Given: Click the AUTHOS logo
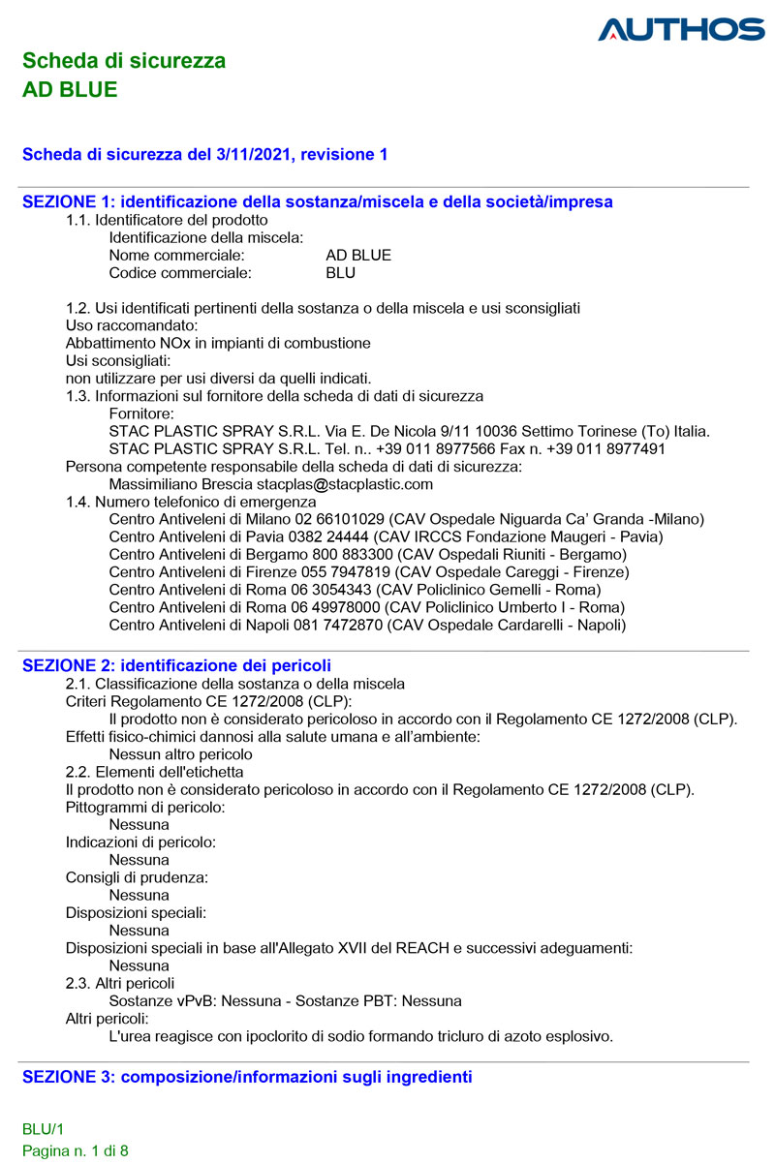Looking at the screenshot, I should click(681, 29).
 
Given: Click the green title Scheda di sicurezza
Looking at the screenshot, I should click(124, 61).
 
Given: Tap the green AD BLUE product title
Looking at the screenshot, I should click(70, 90).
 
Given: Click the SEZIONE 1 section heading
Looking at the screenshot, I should click(317, 202).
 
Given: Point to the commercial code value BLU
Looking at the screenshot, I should click(341, 273).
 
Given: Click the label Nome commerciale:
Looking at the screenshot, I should click(176, 256).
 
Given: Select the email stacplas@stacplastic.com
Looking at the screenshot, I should click(344, 484).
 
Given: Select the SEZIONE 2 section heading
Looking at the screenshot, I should click(176, 665).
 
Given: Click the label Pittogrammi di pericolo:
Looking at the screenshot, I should click(145, 807).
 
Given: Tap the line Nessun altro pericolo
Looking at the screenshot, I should click(180, 754).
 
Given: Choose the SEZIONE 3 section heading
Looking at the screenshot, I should click(247, 1077).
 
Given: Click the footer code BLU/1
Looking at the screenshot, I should click(43, 1129).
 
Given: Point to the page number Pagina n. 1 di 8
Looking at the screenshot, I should click(76, 1151).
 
